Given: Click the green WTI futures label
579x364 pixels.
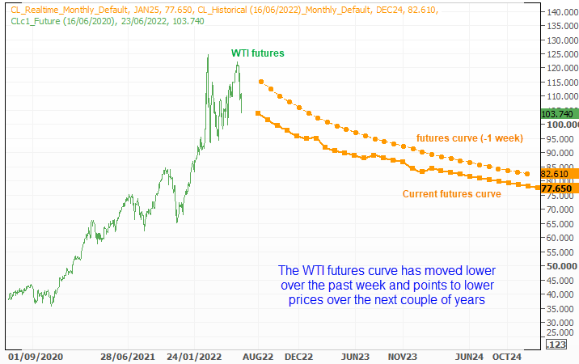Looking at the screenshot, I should pyautogui.click(x=258, y=53).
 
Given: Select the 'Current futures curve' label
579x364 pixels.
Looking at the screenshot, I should pyautogui.click(x=452, y=193).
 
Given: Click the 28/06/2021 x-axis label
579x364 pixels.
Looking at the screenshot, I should pyautogui.click(x=128, y=356).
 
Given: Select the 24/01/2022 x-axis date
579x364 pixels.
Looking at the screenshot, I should pyautogui.click(x=195, y=356).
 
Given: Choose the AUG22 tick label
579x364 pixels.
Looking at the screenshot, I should pyautogui.click(x=258, y=356).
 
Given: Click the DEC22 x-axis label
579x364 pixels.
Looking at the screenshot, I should pyautogui.click(x=298, y=356).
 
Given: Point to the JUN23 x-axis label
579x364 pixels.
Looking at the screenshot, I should pyautogui.click(x=355, y=356).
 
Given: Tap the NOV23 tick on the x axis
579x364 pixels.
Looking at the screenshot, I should pyautogui.click(x=402, y=356).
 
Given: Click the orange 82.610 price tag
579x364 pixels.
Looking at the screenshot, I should pyautogui.click(x=556, y=174).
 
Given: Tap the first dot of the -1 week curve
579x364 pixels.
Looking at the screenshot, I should pyautogui.click(x=260, y=82).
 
